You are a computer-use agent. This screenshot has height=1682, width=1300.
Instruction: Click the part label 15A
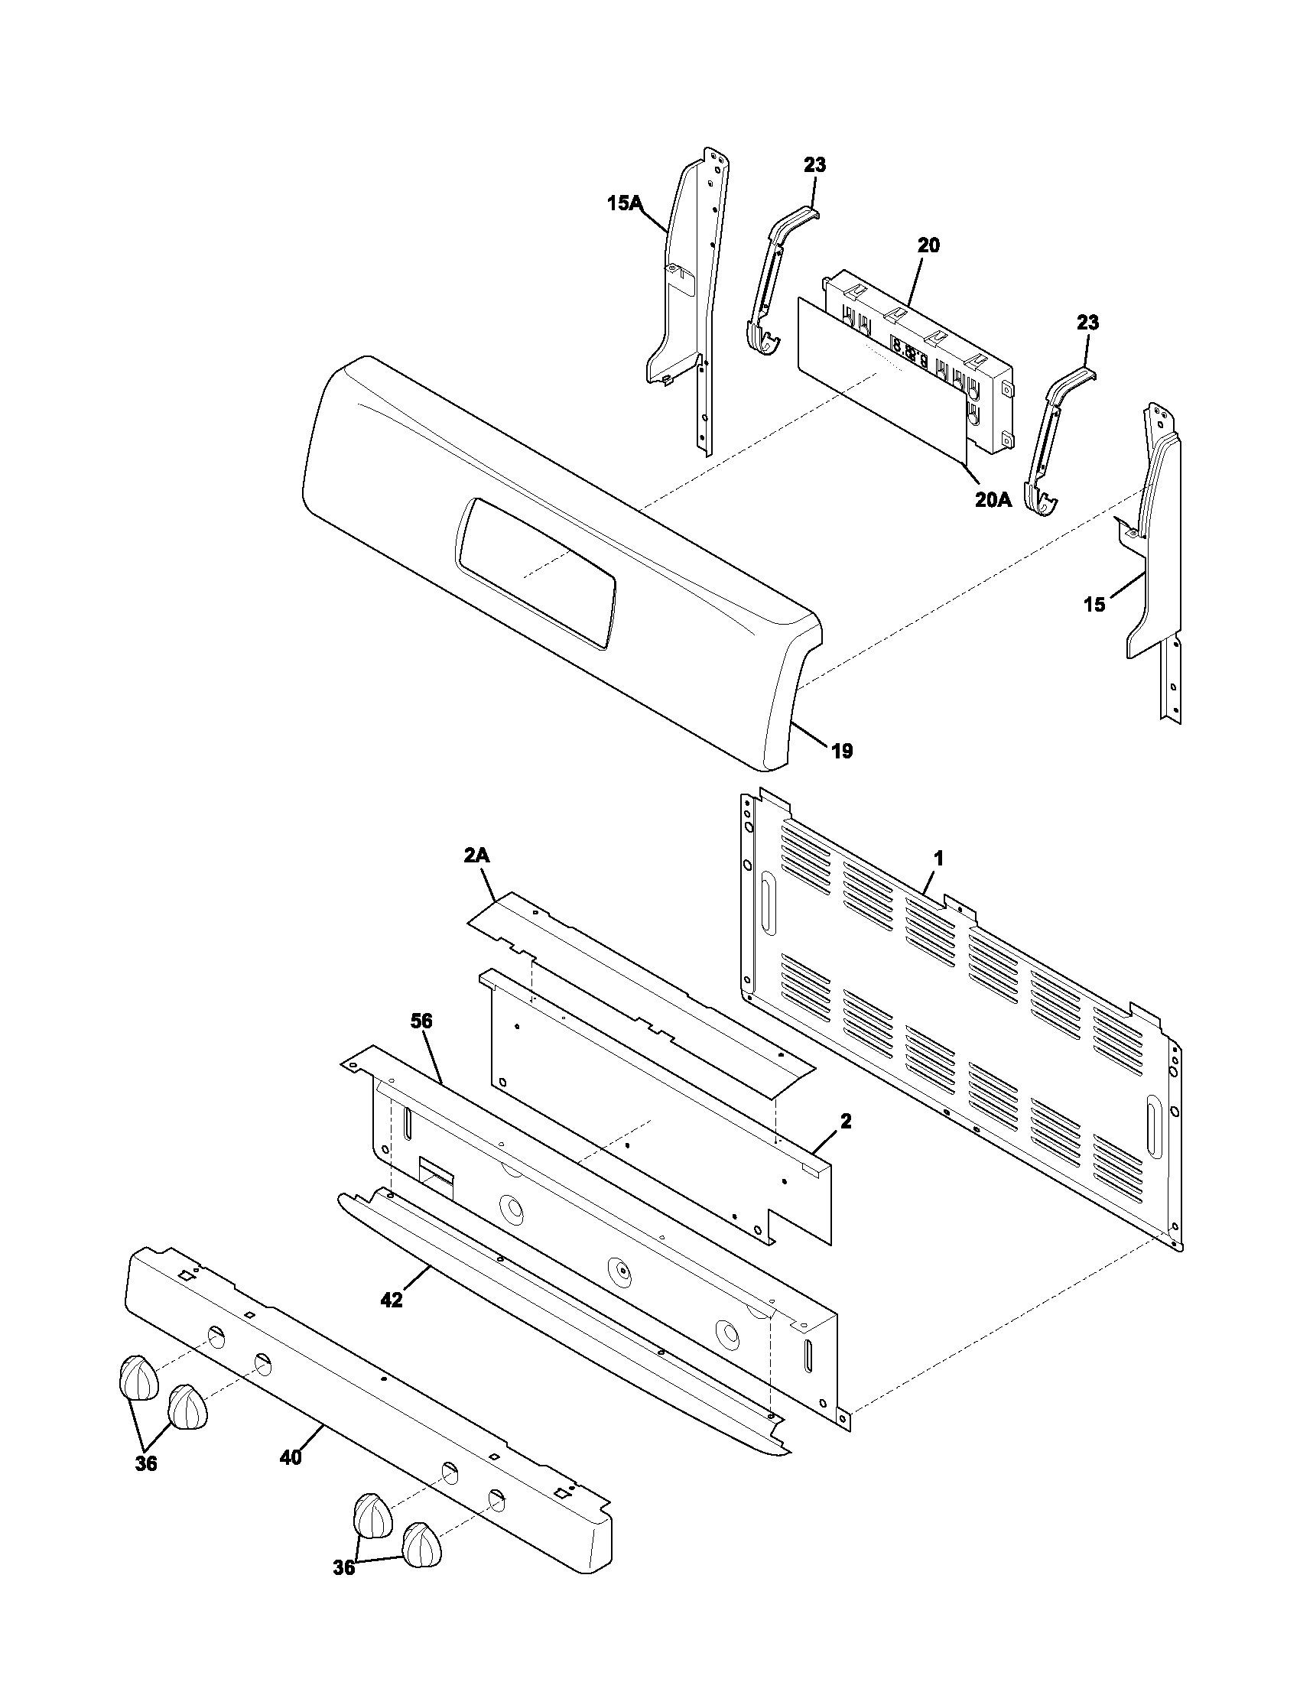coord(624,203)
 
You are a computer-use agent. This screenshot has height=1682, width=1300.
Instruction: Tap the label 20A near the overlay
coord(993,500)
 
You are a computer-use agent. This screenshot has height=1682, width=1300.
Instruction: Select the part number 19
coord(843,751)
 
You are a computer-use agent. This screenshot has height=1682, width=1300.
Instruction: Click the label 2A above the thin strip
coord(477,855)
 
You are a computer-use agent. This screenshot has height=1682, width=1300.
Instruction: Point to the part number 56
coord(421,1021)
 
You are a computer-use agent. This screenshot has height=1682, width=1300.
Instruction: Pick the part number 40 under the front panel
coord(291,1458)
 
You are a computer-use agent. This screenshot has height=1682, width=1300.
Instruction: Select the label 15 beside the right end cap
coord(1094,605)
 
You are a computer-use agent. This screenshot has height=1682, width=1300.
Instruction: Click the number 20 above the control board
coord(929,245)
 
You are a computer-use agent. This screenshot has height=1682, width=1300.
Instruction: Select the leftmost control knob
coord(138,1378)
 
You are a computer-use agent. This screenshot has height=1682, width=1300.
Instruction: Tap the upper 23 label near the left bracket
coord(815,165)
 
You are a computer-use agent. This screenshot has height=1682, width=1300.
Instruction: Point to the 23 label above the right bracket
coord(1087,323)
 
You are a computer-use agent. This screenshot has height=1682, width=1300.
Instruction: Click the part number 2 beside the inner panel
coord(846,1122)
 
